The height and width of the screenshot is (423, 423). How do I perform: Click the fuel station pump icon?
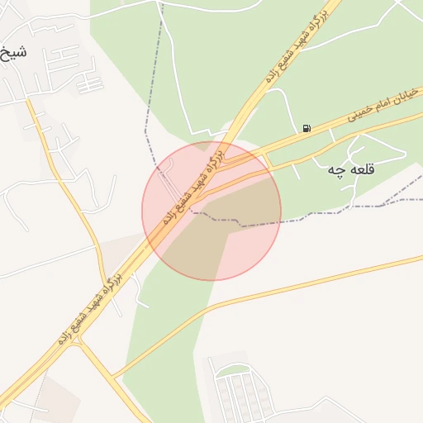[307, 128]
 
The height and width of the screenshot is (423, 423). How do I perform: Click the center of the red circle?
[211, 211]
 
